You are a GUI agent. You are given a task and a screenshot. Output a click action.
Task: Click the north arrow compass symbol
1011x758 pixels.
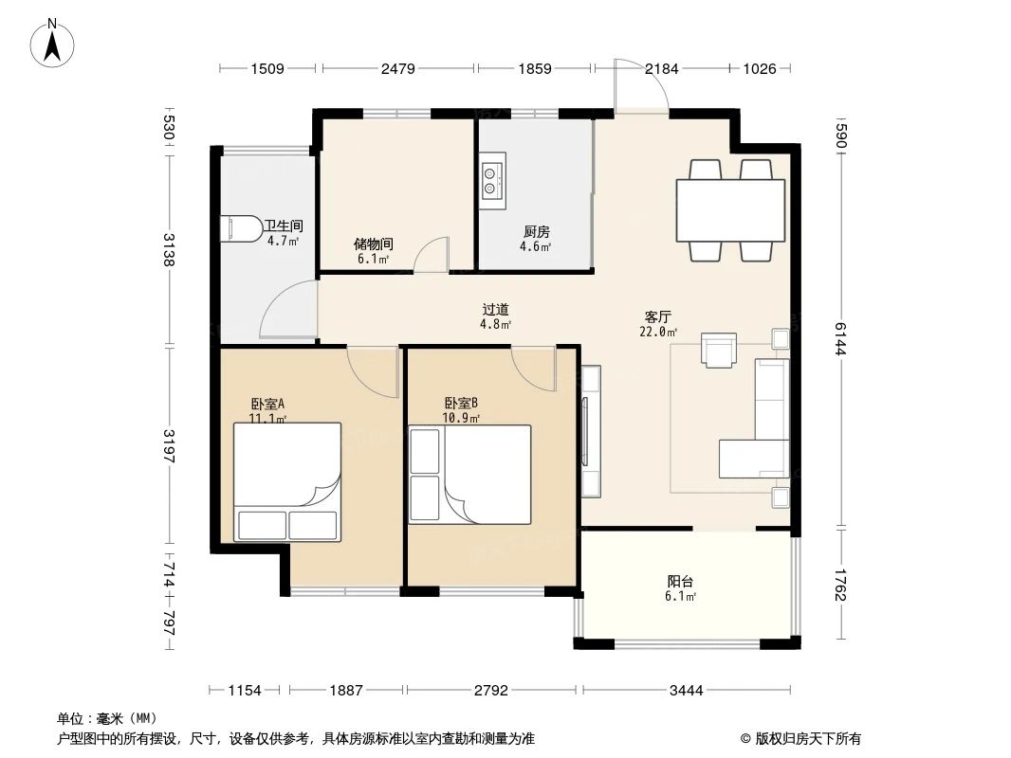click(55, 43)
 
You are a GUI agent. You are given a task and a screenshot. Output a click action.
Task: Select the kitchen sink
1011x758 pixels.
click(492, 181)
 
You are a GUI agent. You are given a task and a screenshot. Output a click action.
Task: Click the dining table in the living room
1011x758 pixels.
click(729, 210)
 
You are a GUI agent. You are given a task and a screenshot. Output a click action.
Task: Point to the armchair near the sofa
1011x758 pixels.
click(718, 350)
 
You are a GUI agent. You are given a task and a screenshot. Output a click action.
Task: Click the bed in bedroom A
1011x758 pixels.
click(287, 481)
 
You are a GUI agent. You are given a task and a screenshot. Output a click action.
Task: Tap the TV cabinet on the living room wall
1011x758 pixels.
click(590, 431)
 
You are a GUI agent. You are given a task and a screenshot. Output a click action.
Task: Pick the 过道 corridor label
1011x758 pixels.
click(495, 309)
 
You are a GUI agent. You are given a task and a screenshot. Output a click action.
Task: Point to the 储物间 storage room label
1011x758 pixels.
click(374, 244)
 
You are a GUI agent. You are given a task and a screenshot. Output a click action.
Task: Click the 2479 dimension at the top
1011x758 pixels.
click(397, 68)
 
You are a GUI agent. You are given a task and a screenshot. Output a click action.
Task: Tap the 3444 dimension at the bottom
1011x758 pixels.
click(687, 691)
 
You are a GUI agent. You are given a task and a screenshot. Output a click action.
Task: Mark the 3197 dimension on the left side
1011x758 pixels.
click(169, 444)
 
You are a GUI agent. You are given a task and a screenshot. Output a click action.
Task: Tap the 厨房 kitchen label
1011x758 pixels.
click(536, 231)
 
